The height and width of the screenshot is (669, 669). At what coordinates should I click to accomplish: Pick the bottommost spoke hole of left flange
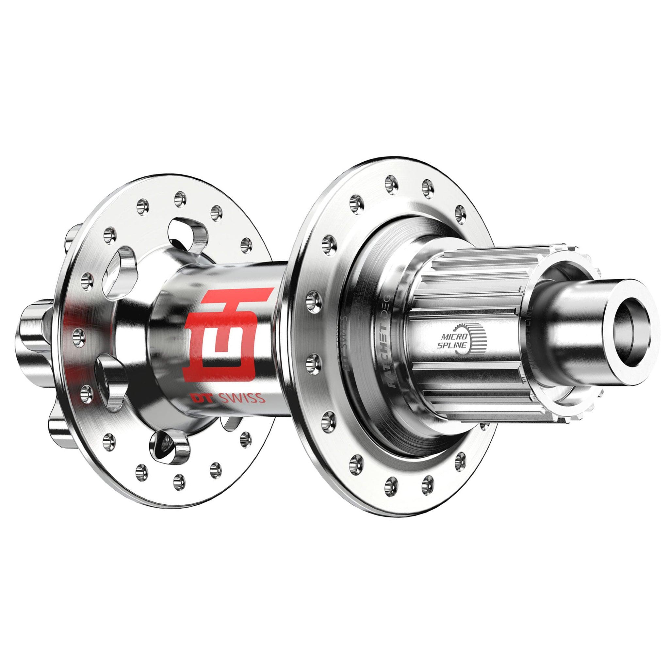tap(179, 479)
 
